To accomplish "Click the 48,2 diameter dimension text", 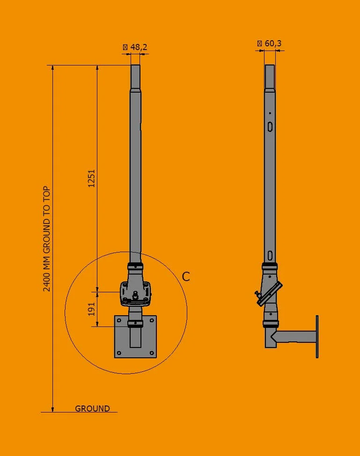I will click(138, 47).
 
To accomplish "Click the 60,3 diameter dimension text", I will click(273, 43).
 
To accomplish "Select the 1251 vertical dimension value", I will click(92, 178).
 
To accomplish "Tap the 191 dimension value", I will click(92, 309).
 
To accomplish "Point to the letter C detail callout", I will click(186, 277).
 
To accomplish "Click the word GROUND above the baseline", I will click(92, 408).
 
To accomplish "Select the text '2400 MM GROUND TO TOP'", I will click(47, 239).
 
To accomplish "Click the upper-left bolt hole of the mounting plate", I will click(119, 321).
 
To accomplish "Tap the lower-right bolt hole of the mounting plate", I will click(151, 353).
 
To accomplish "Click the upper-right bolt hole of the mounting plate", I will click(151, 321).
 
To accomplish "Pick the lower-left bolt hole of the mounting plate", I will click(119, 353).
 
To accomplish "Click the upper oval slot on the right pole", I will click(270, 127).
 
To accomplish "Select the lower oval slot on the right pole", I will click(270, 255).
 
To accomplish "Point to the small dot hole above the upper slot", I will click(270, 113).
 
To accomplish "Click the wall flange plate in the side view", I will click(317, 337).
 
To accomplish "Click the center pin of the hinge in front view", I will click(135, 295).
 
